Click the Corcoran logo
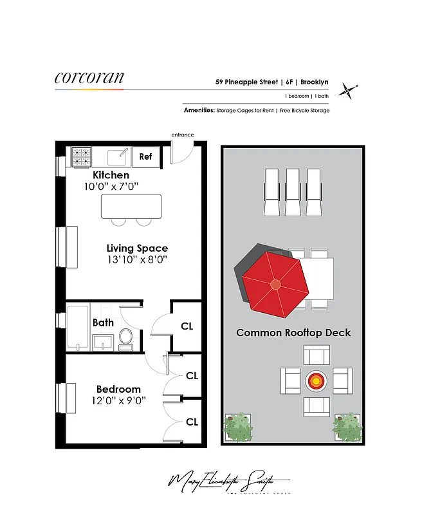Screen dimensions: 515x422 [89, 79]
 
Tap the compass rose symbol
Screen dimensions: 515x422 [348, 91]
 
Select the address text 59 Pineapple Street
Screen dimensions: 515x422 [247, 82]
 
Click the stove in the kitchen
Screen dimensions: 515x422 [81, 156]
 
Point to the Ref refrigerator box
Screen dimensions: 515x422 [145, 156]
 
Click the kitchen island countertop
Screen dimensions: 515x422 [131, 205]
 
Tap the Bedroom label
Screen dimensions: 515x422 [118, 389]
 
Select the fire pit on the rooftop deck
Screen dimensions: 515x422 [316, 381]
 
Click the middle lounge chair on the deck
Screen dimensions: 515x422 [293, 191]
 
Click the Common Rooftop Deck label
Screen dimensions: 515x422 [293, 333]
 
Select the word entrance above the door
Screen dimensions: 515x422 [182, 135]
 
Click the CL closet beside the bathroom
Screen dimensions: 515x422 [187, 326]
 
